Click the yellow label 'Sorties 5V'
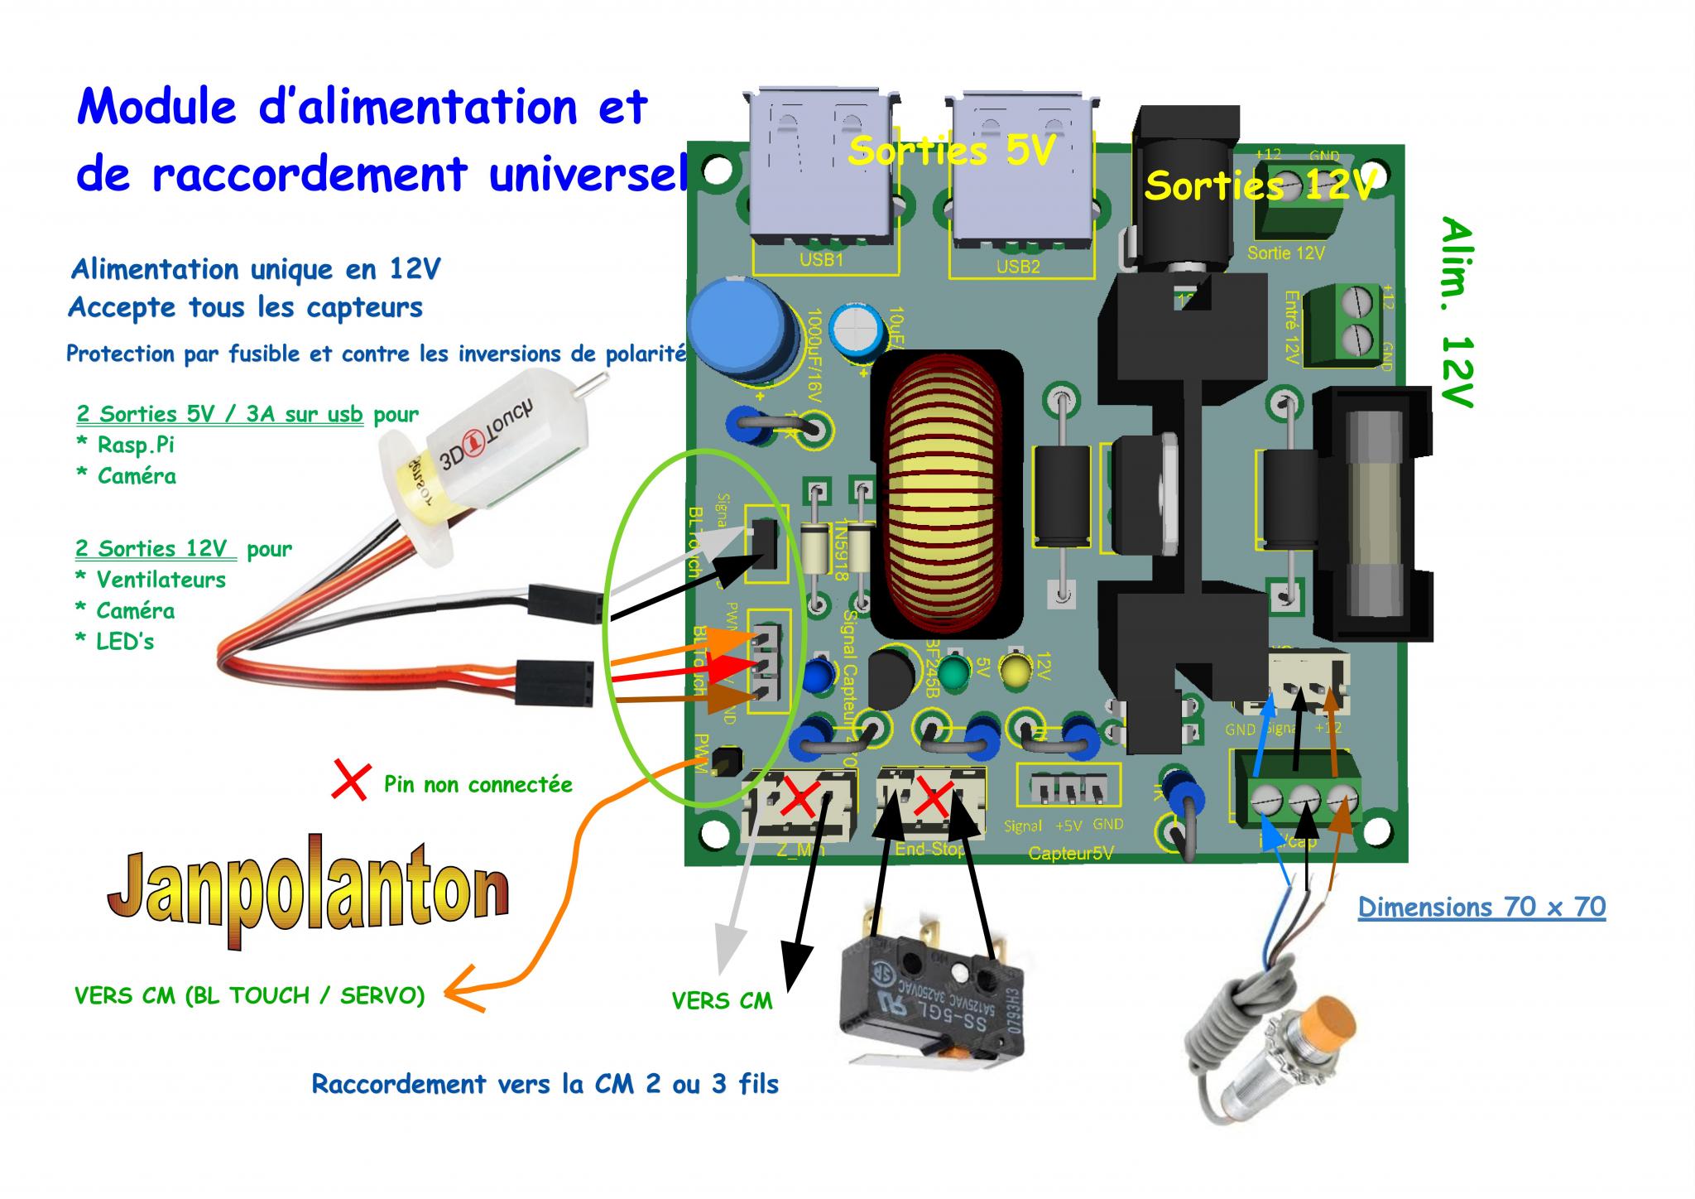952,151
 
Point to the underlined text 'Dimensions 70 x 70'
1481,907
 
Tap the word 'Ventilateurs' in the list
161,580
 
